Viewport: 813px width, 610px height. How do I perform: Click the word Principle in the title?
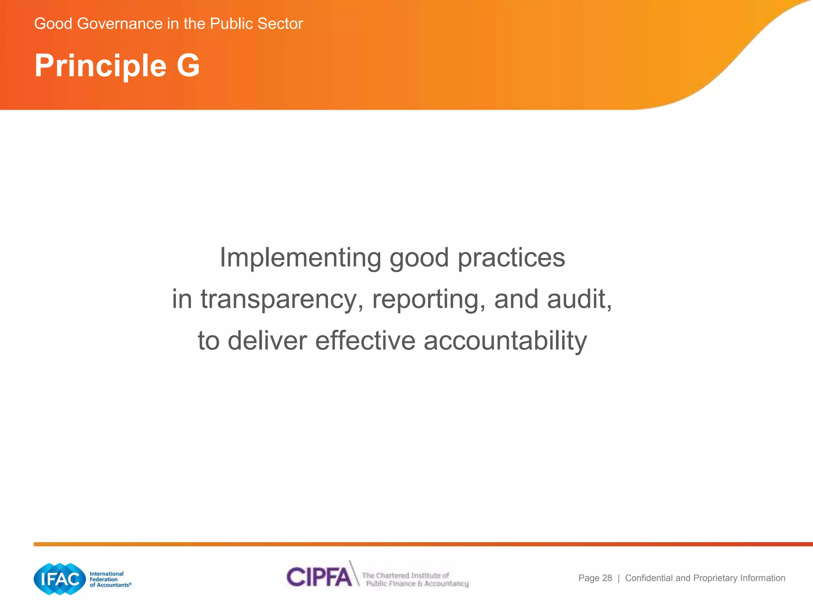click(x=100, y=66)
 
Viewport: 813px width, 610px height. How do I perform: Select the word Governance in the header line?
click(x=120, y=24)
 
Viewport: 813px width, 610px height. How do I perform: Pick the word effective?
click(x=365, y=341)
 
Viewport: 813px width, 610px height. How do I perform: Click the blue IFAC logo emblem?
click(x=60, y=579)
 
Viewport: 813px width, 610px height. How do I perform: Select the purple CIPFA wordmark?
click(x=319, y=577)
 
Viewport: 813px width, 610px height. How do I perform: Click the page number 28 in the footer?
click(x=607, y=578)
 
